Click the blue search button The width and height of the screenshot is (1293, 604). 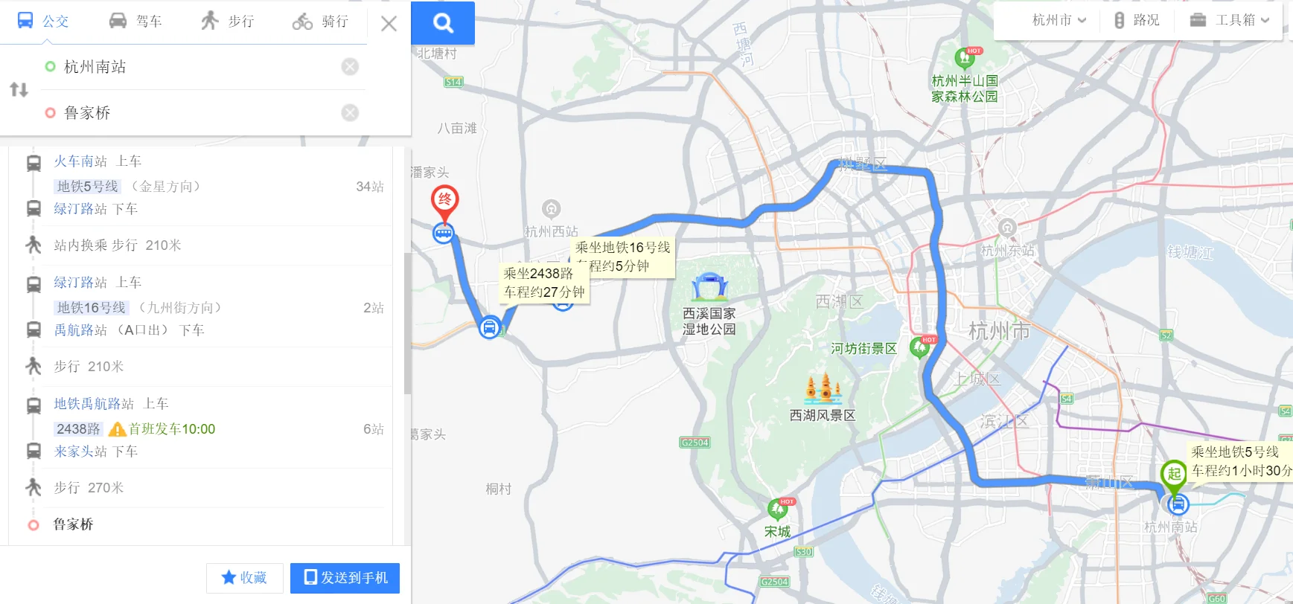pyautogui.click(x=443, y=23)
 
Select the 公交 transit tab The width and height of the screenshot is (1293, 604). pyautogui.click(x=43, y=21)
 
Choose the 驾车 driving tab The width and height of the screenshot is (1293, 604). pyautogui.click(x=135, y=21)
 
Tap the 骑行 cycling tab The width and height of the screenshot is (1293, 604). pyautogui.click(x=321, y=22)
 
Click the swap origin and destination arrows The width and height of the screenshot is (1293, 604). pyautogui.click(x=19, y=90)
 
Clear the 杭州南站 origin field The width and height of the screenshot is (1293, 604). pyautogui.click(x=350, y=67)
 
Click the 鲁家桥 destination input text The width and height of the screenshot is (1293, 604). pyautogui.click(x=88, y=113)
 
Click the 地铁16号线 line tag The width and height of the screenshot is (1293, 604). pyautogui.click(x=92, y=308)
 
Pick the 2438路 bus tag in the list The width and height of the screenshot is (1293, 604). pyautogui.click(x=78, y=429)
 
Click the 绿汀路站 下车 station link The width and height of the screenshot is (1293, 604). pyautogui.click(x=80, y=209)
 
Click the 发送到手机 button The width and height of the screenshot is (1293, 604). pyautogui.click(x=345, y=578)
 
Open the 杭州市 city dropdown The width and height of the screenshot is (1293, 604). pyautogui.click(x=1059, y=20)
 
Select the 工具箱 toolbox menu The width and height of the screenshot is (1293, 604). pyautogui.click(x=1229, y=20)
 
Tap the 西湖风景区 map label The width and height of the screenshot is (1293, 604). pyautogui.click(x=823, y=415)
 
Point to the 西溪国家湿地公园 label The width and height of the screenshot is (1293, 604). pyautogui.click(x=709, y=321)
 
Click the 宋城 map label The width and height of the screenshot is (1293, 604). pyautogui.click(x=778, y=532)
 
